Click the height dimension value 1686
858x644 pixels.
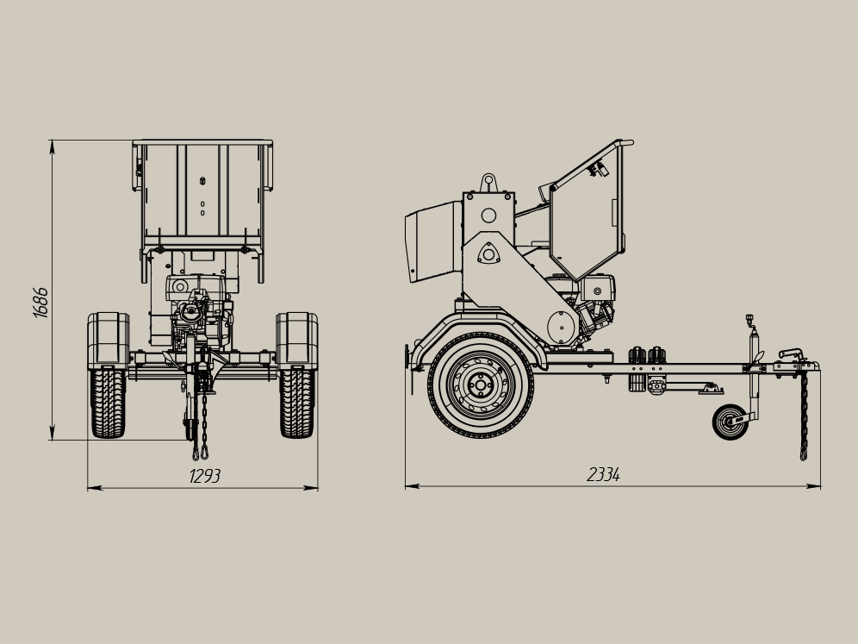click(x=40, y=303)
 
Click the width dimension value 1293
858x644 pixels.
click(x=205, y=477)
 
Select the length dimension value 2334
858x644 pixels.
click(x=604, y=474)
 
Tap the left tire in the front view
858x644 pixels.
click(x=108, y=403)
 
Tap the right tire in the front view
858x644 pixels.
click(x=296, y=403)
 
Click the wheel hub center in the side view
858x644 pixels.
click(x=481, y=385)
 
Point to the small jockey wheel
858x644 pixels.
click(x=731, y=422)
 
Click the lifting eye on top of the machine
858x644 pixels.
click(x=488, y=183)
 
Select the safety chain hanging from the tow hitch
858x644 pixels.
click(x=804, y=415)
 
